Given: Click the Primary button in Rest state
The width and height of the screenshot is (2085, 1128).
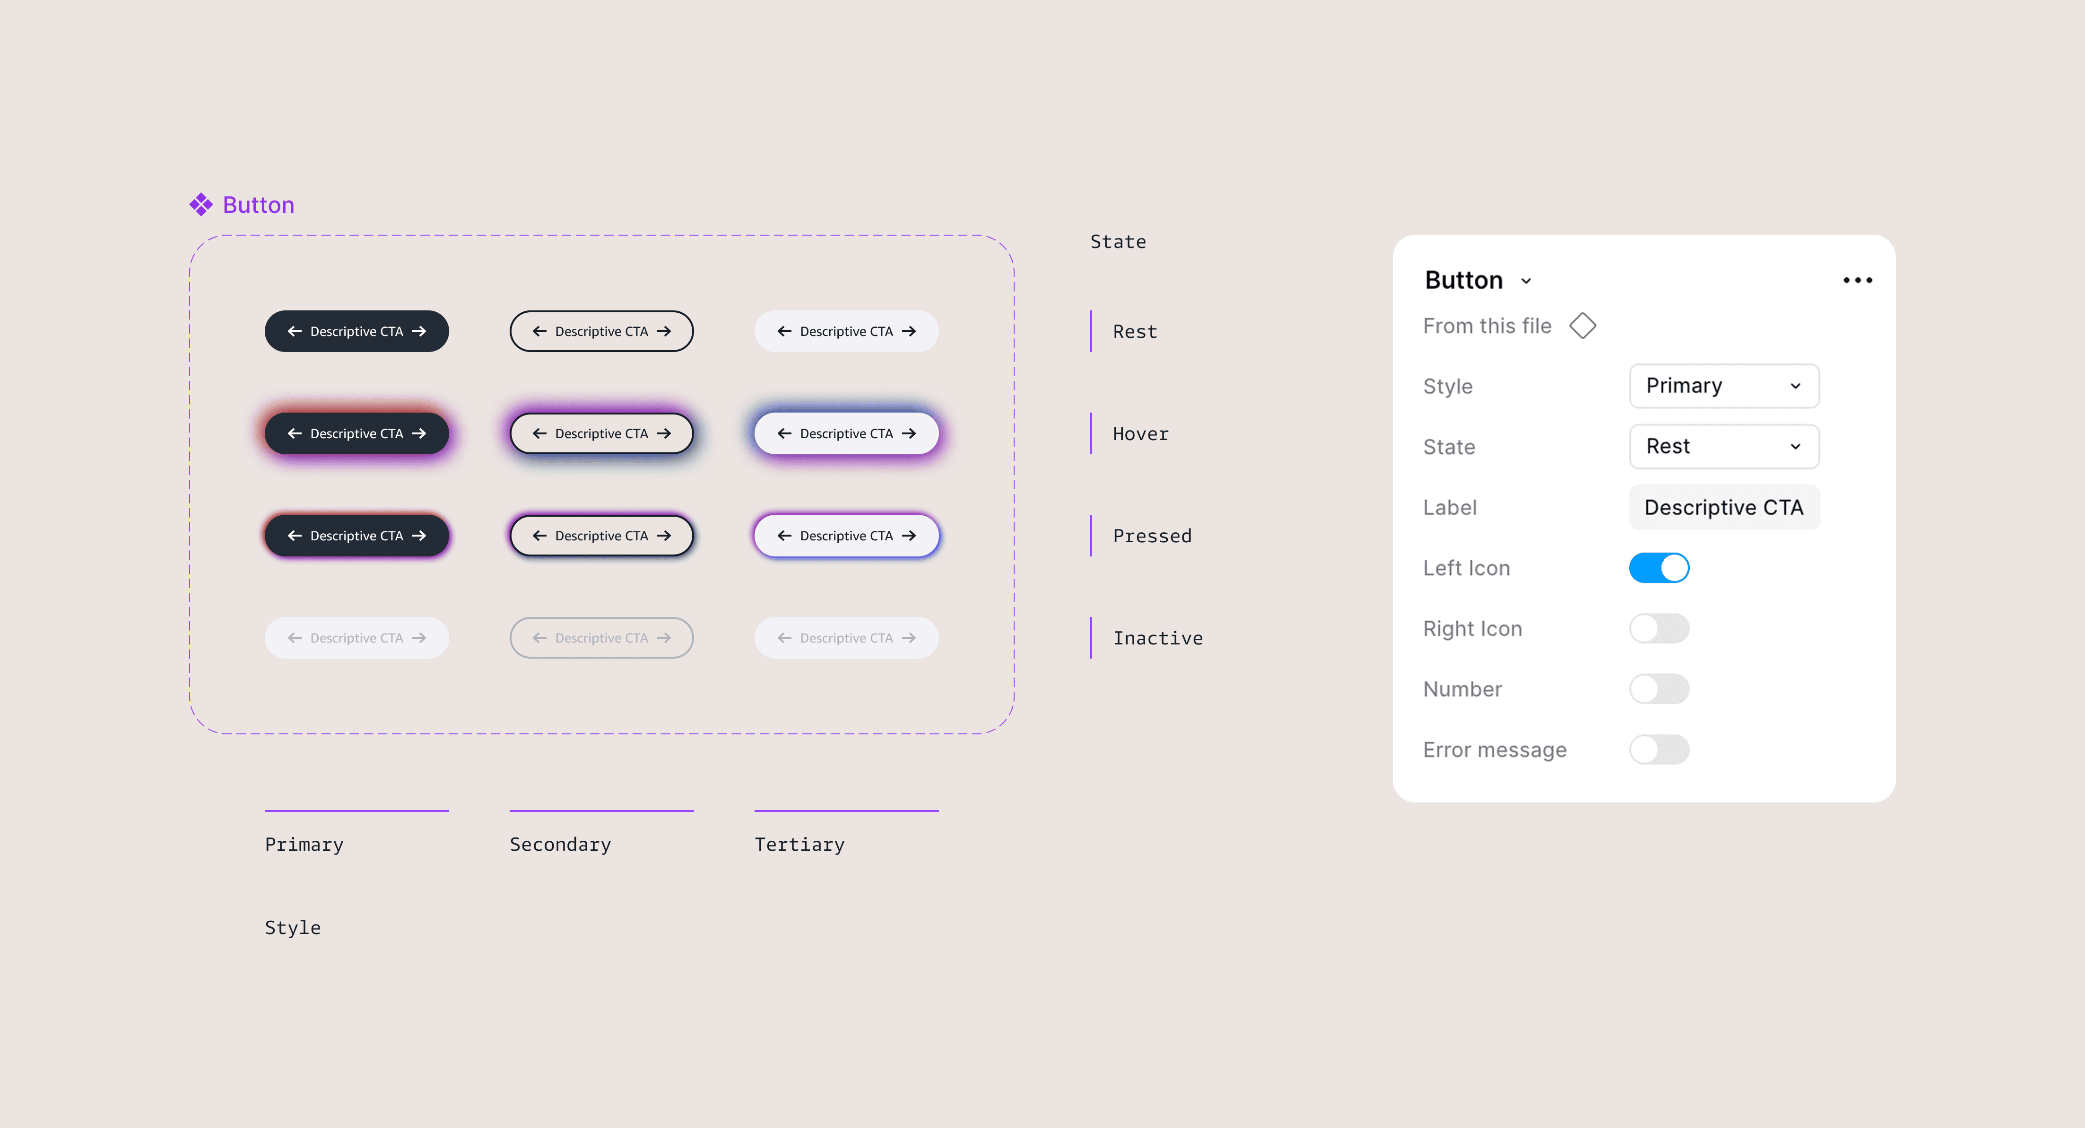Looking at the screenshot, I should click(356, 331).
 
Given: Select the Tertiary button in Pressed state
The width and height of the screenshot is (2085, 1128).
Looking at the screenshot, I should click(846, 535).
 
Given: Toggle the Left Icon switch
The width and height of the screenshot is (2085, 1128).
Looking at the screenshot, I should click(1659, 568).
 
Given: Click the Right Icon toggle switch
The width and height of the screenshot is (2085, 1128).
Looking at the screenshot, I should click(1659, 628).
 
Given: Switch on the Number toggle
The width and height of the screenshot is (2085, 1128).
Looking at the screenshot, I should click(1659, 689).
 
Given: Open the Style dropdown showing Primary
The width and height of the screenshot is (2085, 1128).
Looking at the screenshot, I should click(1723, 386).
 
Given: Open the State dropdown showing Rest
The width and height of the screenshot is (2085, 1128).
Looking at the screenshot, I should click(1723, 446).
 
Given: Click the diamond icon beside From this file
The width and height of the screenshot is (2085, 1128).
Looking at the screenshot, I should click(1582, 326).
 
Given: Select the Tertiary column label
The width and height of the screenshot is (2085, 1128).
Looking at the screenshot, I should click(799, 845).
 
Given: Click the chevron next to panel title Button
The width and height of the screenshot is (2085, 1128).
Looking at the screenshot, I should click(1526, 281).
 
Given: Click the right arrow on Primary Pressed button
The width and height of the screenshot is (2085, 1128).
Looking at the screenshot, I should click(418, 535).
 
